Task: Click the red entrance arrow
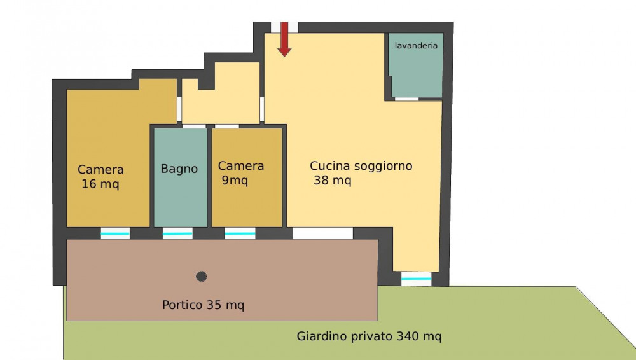(284, 39)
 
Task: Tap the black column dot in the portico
(201, 277)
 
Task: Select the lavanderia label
(416, 45)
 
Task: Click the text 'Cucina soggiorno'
(361, 166)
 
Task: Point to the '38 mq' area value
(332, 181)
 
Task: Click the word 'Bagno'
(179, 169)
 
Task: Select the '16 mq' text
(100, 184)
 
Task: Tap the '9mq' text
(235, 181)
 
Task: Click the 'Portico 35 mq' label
(204, 305)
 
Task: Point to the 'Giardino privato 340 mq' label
(369, 336)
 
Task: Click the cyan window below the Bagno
(177, 234)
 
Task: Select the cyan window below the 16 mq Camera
(115, 234)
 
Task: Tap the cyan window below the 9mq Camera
(240, 234)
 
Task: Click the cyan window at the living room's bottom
(416, 279)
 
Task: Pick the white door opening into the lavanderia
(406, 99)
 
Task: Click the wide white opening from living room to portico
(323, 233)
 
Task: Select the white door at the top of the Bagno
(194, 126)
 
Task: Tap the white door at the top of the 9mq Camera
(227, 126)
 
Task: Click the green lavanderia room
(415, 66)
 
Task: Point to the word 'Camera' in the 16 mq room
(100, 170)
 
